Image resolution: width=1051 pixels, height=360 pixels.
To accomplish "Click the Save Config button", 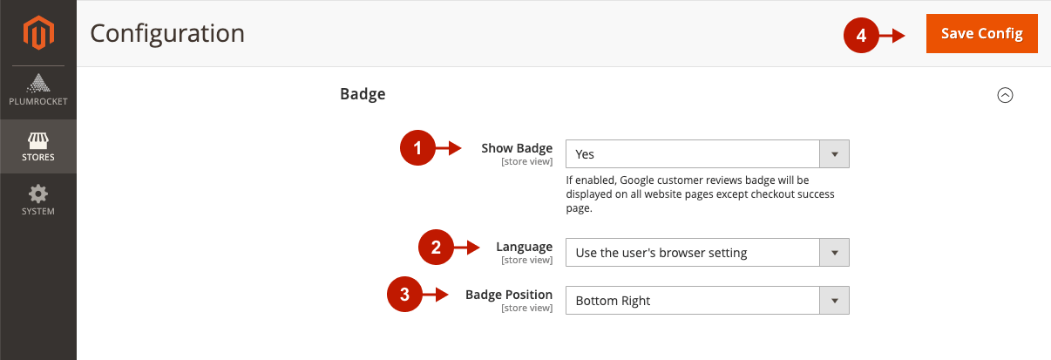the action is [981, 33].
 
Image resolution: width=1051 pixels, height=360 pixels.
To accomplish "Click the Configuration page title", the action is [167, 34].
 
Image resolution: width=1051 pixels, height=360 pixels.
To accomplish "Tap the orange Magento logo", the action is [38, 32].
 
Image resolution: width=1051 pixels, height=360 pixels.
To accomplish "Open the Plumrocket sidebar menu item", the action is [38, 90].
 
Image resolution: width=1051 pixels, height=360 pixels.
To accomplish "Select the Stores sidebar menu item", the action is [38, 146].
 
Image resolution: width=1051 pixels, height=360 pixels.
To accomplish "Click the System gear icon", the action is [38, 194].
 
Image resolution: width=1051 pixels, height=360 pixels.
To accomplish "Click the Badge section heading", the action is [363, 94].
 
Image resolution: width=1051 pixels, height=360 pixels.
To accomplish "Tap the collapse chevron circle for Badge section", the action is [1005, 95].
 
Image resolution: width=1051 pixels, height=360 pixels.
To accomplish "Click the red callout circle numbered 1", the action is [417, 148].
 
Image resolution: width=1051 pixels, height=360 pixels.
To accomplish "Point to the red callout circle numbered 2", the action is [436, 247].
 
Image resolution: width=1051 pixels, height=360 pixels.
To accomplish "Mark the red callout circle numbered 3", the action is [404, 295].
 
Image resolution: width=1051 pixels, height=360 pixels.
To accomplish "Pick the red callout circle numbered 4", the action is [861, 35].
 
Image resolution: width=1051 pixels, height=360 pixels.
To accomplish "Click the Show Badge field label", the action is [517, 148].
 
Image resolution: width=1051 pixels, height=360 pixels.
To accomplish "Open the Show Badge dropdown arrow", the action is [834, 154].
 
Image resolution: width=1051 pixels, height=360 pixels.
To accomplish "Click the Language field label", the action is [524, 247].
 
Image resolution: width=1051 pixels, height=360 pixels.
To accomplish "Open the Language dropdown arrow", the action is [834, 253].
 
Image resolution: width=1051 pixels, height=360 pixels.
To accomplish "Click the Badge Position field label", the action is [509, 295].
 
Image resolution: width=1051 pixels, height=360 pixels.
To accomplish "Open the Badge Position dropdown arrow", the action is [834, 301].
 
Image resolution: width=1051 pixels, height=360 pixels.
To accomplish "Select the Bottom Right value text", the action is [613, 301].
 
